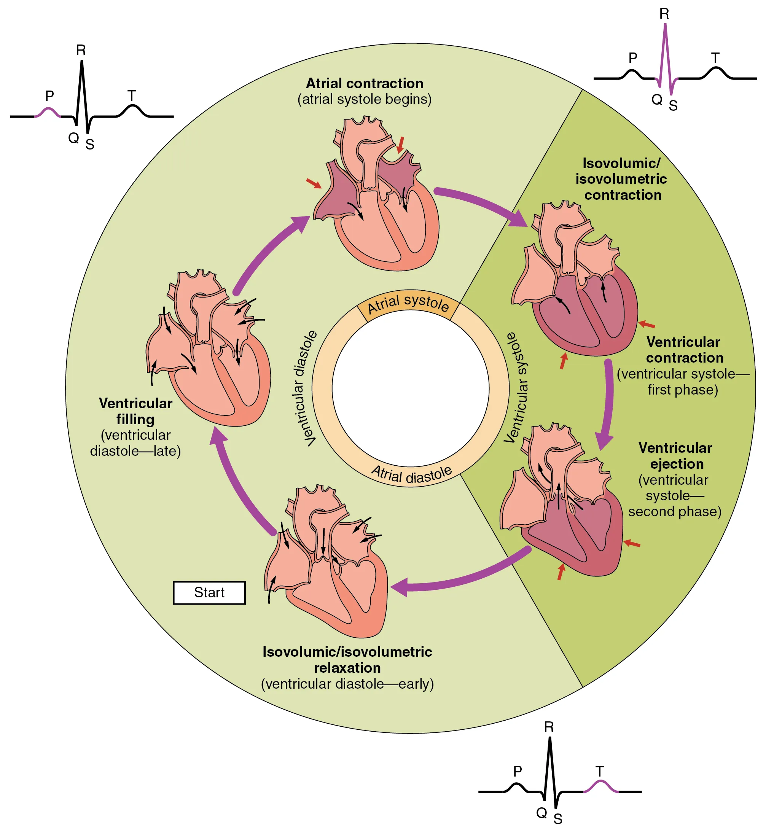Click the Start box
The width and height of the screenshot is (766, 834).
click(x=209, y=593)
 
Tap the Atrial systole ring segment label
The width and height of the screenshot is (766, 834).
click(x=408, y=302)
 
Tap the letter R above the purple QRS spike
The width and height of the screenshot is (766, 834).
click(x=664, y=14)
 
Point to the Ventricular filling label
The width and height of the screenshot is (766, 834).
click(x=135, y=411)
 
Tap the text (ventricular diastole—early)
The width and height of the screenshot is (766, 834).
click(x=347, y=684)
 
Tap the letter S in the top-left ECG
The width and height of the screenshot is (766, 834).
click(x=90, y=145)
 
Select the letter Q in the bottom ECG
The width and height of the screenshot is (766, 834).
click(x=541, y=813)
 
